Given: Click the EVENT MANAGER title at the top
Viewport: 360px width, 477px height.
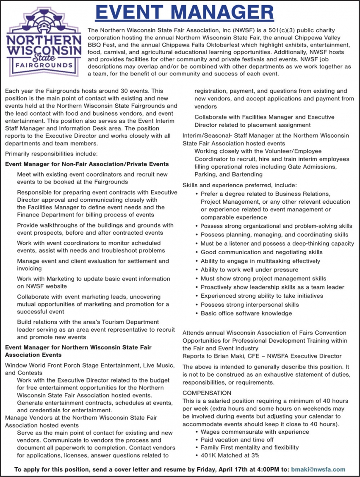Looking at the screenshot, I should [x=184, y=12].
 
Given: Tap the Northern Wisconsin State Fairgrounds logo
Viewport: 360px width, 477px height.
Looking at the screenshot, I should [x=44, y=42].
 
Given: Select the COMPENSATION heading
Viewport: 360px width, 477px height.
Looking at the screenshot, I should [x=207, y=393].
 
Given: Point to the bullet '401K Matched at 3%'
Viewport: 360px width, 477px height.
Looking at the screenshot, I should [x=230, y=455].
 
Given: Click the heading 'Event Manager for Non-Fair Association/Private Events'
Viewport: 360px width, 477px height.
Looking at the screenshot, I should [x=87, y=164].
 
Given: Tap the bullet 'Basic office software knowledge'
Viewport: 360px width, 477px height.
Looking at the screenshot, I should [x=246, y=313].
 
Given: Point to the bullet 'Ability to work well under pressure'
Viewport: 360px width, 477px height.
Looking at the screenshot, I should [x=249, y=270].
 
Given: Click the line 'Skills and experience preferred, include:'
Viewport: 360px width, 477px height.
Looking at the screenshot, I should [x=240, y=185].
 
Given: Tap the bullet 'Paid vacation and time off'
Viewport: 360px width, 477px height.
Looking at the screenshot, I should [x=237, y=440].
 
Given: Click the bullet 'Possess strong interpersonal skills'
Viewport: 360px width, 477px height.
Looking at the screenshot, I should [x=249, y=305].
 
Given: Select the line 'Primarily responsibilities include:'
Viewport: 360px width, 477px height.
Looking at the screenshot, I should [x=51, y=154].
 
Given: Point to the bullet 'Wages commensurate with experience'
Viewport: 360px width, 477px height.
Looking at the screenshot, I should [x=255, y=432].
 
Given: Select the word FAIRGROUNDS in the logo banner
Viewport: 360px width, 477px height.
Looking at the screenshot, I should [x=44, y=66].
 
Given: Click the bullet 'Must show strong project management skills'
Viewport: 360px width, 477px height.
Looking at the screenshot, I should [x=263, y=278].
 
